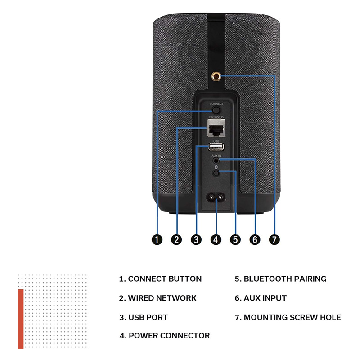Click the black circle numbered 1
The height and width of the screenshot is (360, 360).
tap(157, 240)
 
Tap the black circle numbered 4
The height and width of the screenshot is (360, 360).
tap(216, 240)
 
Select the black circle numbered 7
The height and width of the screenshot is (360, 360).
tap(274, 240)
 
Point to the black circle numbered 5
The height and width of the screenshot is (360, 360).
tap(235, 240)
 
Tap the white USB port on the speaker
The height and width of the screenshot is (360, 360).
tap(216, 148)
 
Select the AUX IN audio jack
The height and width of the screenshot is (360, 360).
tap(216, 160)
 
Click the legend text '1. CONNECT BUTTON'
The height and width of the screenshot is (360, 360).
tap(160, 279)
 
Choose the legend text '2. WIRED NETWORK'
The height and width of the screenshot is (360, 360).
tap(157, 298)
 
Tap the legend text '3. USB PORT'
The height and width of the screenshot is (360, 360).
tap(144, 317)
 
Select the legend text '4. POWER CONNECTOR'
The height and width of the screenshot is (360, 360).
tap(165, 335)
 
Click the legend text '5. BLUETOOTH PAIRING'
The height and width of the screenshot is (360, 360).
tap(280, 279)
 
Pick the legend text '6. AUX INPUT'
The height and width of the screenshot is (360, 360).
tap(261, 298)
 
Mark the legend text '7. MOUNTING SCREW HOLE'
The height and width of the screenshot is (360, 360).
tap(288, 317)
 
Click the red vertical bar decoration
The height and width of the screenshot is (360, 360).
tap(21, 319)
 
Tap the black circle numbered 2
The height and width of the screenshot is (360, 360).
tap(177, 240)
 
